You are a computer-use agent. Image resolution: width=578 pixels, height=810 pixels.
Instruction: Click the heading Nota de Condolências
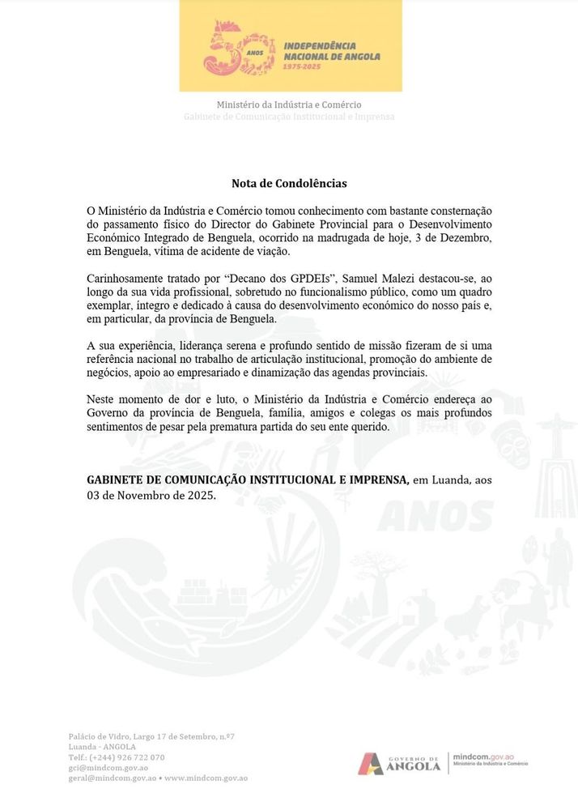(289, 184)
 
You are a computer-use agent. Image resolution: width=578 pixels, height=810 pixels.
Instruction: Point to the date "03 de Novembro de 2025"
(151, 495)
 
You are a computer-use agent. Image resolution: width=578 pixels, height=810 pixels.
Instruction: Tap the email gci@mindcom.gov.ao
(108, 768)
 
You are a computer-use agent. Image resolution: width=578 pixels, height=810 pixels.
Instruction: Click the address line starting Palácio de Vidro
(151, 736)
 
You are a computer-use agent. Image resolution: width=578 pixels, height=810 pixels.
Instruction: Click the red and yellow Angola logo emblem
(370, 763)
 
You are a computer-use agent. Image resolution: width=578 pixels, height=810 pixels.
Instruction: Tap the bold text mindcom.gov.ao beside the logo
(482, 754)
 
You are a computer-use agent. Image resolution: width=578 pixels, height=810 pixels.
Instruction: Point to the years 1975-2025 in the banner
(301, 66)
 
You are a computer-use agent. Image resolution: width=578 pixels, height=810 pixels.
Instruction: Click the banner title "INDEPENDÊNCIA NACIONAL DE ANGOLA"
(331, 51)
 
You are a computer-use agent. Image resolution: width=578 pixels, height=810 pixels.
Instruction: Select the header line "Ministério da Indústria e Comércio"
(289, 104)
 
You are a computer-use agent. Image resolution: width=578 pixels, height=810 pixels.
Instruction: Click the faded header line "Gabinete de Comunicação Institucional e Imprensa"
(289, 117)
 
